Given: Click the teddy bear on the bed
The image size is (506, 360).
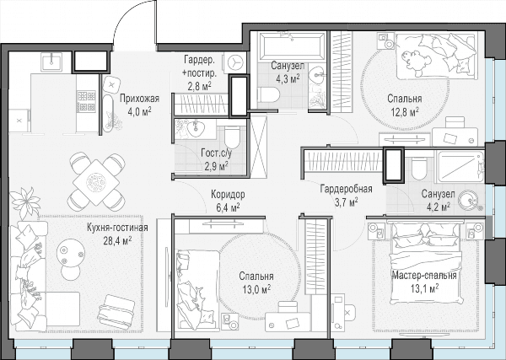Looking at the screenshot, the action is (416, 61).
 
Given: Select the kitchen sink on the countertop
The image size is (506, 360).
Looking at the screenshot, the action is (52, 62).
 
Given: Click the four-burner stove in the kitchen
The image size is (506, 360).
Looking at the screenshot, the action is (87, 101).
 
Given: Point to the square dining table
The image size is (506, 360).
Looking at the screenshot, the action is (96, 183).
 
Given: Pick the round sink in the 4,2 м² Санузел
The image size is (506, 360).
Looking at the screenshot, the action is (469, 200).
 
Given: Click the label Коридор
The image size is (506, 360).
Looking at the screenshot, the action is (228, 195).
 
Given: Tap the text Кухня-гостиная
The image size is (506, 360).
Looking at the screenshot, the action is (117, 228).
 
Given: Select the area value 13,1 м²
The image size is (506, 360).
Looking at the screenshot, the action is (424, 288).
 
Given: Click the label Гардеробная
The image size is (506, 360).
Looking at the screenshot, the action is (347, 189).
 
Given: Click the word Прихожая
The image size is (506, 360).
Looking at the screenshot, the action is (139, 99).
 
